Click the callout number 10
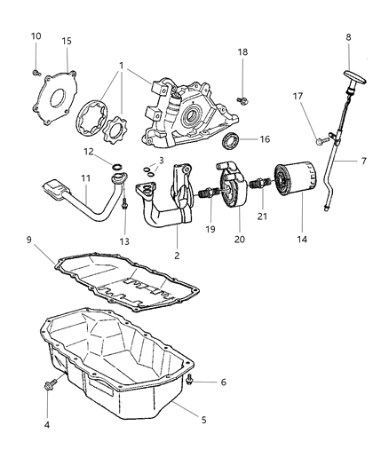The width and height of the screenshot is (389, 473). (x=36, y=35)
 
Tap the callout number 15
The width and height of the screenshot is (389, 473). (x=67, y=41)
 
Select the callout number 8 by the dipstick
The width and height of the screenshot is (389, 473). (x=348, y=37)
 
